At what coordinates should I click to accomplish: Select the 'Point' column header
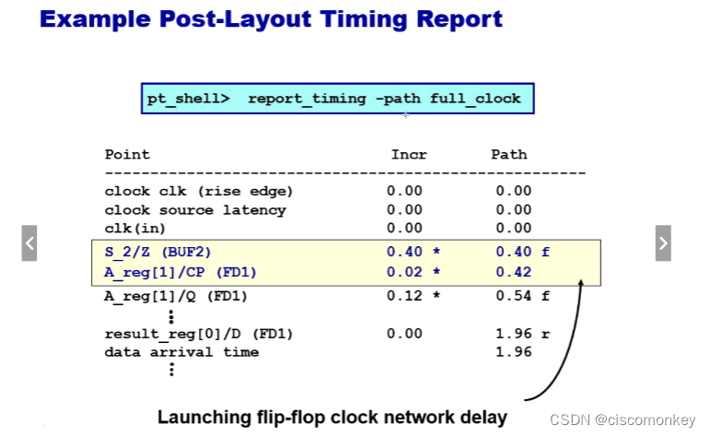(x=127, y=155)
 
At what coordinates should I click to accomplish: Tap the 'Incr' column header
(x=409, y=155)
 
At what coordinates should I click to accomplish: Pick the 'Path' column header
(x=509, y=155)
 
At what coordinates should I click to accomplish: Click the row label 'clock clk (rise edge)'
(x=199, y=191)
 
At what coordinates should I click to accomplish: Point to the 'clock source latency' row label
(x=195, y=209)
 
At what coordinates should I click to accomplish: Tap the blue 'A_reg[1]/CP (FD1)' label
(x=181, y=272)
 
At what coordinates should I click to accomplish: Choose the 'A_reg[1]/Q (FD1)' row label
(x=176, y=296)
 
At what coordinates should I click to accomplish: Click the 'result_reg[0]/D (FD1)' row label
(x=199, y=333)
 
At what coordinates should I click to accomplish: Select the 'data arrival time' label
(x=181, y=351)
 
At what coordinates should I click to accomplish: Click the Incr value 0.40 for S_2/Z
(x=405, y=251)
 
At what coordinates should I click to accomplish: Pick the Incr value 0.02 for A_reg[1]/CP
(x=405, y=272)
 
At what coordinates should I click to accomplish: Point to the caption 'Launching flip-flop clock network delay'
(x=332, y=417)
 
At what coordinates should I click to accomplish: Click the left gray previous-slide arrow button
(x=29, y=243)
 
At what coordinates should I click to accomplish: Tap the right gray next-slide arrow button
(x=663, y=243)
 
